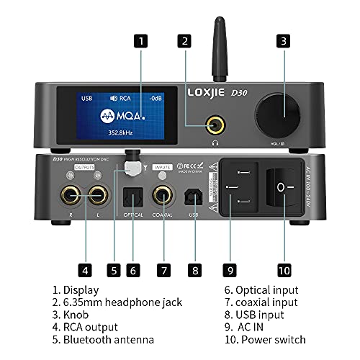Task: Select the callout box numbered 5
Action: [x=112, y=271]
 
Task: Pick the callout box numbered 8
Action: [x=194, y=271]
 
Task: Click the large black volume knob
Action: [x=282, y=116]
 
